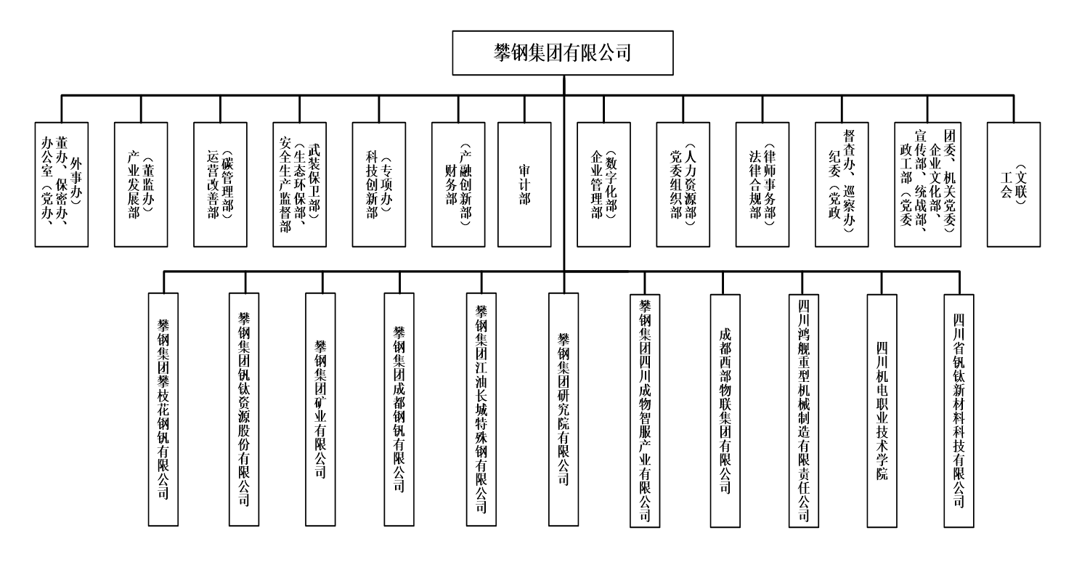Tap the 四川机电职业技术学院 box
coord(883,410)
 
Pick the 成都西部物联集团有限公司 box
coord(724,410)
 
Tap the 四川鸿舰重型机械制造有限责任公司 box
coord(805,410)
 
